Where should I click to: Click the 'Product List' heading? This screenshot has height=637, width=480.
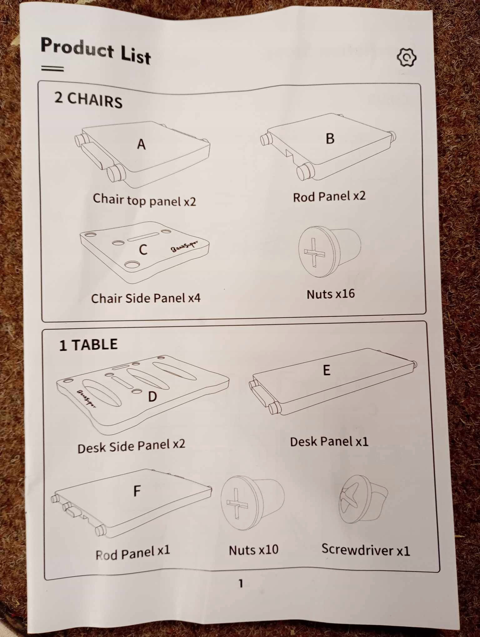pyautogui.click(x=96, y=51)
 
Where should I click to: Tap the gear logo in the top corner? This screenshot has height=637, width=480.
pyautogui.click(x=406, y=57)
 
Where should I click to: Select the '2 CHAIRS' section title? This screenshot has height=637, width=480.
pyautogui.click(x=88, y=100)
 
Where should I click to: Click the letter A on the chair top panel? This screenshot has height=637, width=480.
pyautogui.click(x=142, y=144)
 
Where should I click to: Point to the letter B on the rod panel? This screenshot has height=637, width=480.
pyautogui.click(x=330, y=138)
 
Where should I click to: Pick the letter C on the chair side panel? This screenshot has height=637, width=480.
pyautogui.click(x=143, y=249)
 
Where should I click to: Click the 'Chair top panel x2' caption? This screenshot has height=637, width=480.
pyautogui.click(x=144, y=200)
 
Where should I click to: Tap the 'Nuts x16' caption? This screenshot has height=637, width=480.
pyautogui.click(x=331, y=294)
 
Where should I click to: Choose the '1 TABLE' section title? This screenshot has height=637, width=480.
pyautogui.click(x=88, y=345)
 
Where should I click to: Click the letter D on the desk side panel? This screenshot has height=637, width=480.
pyautogui.click(x=152, y=397)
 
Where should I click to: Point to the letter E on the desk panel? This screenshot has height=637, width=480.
pyautogui.click(x=326, y=370)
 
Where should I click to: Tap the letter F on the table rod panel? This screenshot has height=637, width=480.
pyautogui.click(x=137, y=491)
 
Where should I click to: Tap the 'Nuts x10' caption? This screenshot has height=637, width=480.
pyautogui.click(x=253, y=550)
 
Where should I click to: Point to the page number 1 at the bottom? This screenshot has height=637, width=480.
pyautogui.click(x=241, y=583)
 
